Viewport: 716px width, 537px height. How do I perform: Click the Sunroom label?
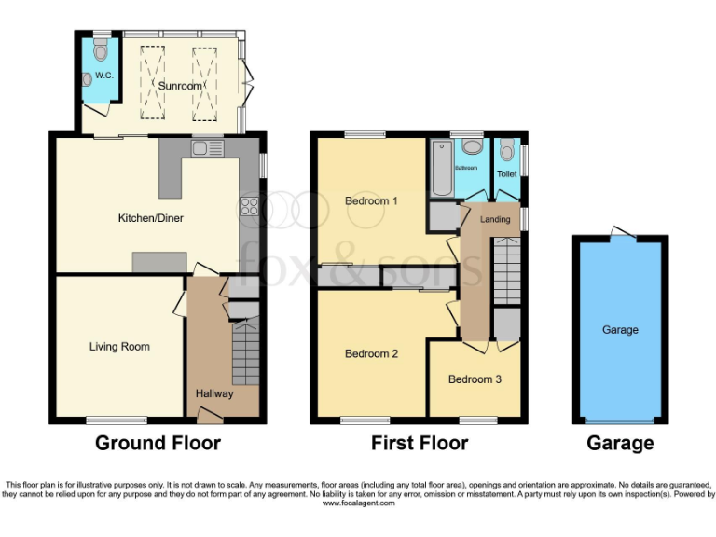pyautogui.click(x=179, y=86)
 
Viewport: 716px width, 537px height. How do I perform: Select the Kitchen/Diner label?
pyautogui.click(x=150, y=218)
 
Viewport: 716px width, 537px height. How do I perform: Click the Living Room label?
pyautogui.click(x=119, y=347)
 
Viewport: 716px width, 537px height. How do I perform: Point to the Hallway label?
pyautogui.click(x=214, y=393)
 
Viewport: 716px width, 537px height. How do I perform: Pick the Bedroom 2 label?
pyautogui.click(x=371, y=354)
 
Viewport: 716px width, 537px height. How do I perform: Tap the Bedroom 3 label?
pyautogui.click(x=475, y=379)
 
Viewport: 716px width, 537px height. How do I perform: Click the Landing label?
pyautogui.click(x=495, y=219)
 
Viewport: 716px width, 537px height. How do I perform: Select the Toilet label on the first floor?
pyautogui.click(x=506, y=174)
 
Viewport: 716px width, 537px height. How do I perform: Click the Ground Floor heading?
pyautogui.click(x=158, y=443)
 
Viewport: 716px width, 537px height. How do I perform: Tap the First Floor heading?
pyautogui.click(x=420, y=443)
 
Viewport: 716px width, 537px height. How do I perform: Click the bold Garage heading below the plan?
pyautogui.click(x=620, y=443)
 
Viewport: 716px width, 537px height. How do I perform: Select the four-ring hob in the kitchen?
pyautogui.click(x=250, y=207)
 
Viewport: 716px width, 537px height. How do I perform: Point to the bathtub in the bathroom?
pyautogui.click(x=441, y=168)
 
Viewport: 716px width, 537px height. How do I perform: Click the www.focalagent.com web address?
pyautogui.click(x=359, y=503)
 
